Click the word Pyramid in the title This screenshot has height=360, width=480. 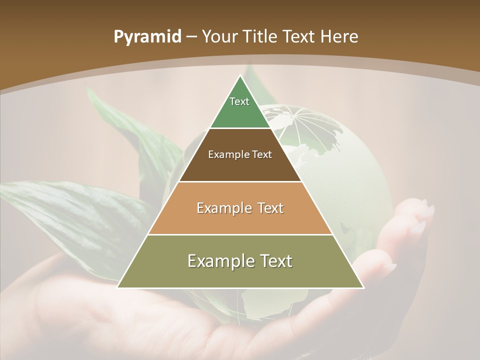click(x=147, y=37)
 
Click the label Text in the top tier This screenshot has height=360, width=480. click(x=239, y=101)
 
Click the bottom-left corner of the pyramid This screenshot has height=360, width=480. click(x=118, y=287)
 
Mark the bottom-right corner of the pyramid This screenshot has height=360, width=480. click(x=363, y=287)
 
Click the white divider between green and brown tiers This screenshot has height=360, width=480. click(x=240, y=128)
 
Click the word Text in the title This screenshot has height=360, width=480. click(x=300, y=37)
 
